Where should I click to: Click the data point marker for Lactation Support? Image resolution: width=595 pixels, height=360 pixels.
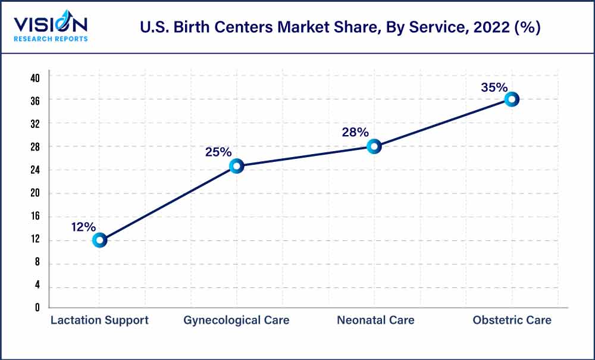[x=99, y=240]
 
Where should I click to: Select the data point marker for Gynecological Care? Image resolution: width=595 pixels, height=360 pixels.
[x=236, y=166]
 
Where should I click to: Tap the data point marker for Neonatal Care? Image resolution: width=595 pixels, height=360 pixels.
[x=374, y=146]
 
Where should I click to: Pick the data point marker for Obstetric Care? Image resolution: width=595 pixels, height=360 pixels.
[x=511, y=99]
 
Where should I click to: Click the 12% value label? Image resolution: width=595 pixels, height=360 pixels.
[x=83, y=227]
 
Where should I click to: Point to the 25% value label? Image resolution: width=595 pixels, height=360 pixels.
[x=218, y=152]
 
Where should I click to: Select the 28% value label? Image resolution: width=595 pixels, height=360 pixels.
[x=355, y=132]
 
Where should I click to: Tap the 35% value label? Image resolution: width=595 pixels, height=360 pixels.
[x=494, y=87]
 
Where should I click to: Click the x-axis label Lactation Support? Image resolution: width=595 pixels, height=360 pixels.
[x=99, y=320]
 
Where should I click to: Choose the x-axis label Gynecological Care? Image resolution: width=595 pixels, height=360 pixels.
[x=236, y=320]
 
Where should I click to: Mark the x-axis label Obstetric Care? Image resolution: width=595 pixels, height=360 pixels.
[x=512, y=320]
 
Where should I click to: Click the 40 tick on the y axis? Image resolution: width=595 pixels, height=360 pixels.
[x=35, y=78]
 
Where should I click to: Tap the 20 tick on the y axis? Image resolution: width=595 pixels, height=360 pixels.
[x=35, y=193]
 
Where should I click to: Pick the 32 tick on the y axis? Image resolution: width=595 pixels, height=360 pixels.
[x=35, y=124]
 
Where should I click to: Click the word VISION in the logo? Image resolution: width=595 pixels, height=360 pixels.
[x=51, y=24]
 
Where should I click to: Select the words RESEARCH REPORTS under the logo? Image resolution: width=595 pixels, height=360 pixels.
[x=51, y=39]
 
